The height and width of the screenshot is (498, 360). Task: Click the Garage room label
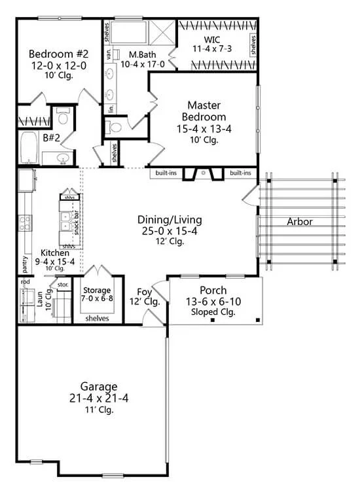pyautogui.click(x=99, y=387)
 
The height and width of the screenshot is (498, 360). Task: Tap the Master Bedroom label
pyautogui.click(x=204, y=111)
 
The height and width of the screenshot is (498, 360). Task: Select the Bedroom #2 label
pyautogui.click(x=58, y=54)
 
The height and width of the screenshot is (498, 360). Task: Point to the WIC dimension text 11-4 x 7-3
pyautogui.click(x=212, y=48)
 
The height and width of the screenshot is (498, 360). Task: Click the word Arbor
pyautogui.click(x=300, y=221)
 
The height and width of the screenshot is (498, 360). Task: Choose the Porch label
pyautogui.click(x=213, y=291)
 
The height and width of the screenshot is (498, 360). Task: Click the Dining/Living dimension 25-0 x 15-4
pyautogui.click(x=170, y=231)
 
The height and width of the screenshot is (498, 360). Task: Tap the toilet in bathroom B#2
pyautogui.click(x=63, y=116)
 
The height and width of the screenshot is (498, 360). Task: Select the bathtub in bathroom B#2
pyautogui.click(x=29, y=148)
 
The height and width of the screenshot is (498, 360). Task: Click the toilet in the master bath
pyautogui.click(x=115, y=128)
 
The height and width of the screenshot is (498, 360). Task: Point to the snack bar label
pyautogui.click(x=77, y=222)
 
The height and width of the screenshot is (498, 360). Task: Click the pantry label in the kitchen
pyautogui.click(x=25, y=264)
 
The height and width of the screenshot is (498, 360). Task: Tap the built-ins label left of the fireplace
pyautogui.click(x=166, y=173)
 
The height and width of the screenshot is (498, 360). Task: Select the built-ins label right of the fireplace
pyautogui.click(x=240, y=173)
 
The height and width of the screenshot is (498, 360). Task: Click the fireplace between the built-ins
pyautogui.click(x=204, y=173)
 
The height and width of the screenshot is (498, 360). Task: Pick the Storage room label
pyautogui.click(x=97, y=290)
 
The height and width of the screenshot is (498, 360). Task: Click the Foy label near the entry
pyautogui.click(x=144, y=292)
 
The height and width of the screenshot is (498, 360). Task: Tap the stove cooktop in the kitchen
pyautogui.click(x=25, y=223)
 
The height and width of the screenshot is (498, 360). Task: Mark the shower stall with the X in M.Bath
pyautogui.click(x=162, y=33)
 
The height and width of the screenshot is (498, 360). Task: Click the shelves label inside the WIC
pyautogui.click(x=253, y=45)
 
